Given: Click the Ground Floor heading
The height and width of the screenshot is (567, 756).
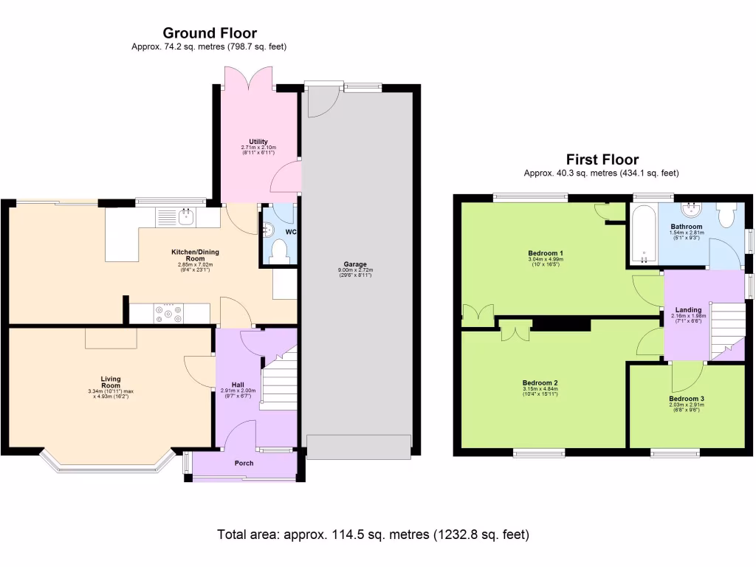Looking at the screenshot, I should tap(210, 32).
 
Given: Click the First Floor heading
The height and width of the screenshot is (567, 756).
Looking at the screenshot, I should tap(602, 159).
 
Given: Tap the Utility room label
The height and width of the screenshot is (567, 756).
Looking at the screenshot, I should tap(258, 142).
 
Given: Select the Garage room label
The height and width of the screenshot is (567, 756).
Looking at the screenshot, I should tap(355, 264).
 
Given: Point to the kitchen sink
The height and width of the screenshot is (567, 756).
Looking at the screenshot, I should tap(187, 217).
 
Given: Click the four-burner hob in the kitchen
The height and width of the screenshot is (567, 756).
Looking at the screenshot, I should tap(168, 315).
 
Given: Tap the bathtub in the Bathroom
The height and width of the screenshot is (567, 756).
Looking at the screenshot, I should tap(643, 235).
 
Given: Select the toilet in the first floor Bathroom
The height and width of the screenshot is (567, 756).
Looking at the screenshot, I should tap(726, 215).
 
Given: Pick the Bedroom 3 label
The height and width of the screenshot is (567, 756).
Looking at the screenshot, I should tap(687, 399).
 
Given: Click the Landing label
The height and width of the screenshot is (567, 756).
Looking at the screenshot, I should tap(688, 310).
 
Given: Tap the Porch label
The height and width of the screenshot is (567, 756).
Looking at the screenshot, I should tap(244, 464).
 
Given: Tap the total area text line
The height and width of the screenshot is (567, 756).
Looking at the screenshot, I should tap(373, 534).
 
